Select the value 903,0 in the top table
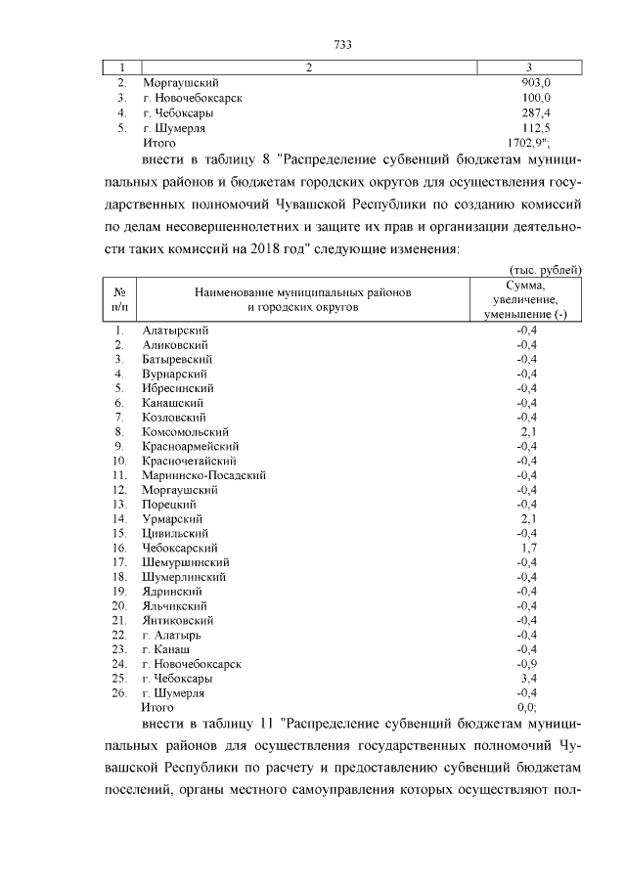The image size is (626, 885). point(536,84)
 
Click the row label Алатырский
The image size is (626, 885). point(175,330)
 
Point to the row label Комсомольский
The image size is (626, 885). point(185,431)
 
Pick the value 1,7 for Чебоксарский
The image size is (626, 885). point(527,548)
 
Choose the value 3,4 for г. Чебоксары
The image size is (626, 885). point(527,678)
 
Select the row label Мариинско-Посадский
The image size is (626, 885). point(203,475)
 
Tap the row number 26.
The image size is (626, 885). point(120,692)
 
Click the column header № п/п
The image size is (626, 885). point(118,298)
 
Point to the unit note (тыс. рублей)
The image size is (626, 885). point(546,269)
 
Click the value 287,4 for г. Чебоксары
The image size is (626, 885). point(536,113)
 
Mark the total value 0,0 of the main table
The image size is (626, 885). point(527,707)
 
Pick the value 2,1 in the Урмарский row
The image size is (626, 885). point(527,518)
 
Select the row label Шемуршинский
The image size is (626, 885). point(186,562)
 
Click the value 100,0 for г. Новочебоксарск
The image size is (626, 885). point(536,99)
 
